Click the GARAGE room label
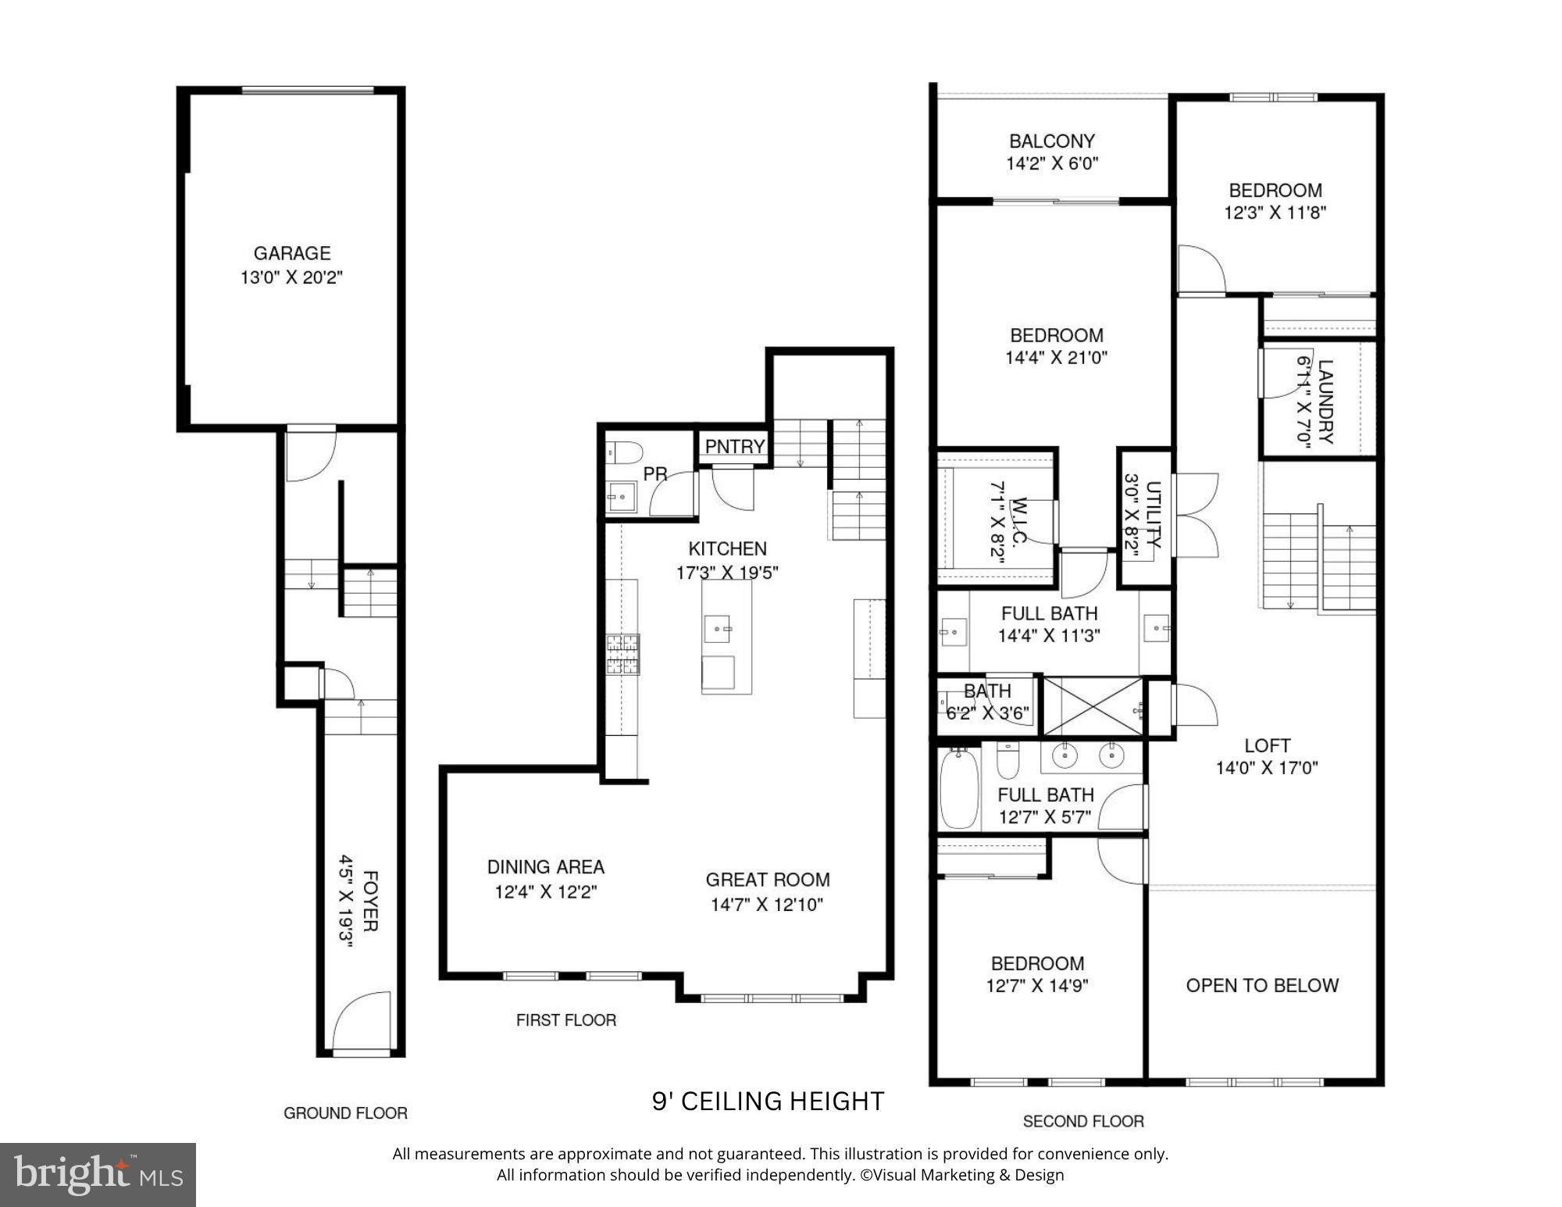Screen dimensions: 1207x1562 (x=291, y=253)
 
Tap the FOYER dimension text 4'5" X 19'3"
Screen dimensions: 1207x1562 (x=346, y=901)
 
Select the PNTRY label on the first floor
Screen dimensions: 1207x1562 (x=734, y=446)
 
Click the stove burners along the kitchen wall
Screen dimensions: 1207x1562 (x=623, y=654)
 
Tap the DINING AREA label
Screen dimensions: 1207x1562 (x=545, y=866)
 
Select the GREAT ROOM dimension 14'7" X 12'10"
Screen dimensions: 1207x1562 (x=767, y=905)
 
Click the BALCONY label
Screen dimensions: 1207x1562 (x=1051, y=141)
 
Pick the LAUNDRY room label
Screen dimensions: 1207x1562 (x=1325, y=401)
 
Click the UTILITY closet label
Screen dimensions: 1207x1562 (x=1154, y=516)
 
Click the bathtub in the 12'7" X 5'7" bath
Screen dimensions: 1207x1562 (x=958, y=788)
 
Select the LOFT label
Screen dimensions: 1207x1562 (x=1267, y=745)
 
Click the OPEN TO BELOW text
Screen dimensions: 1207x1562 (x=1262, y=985)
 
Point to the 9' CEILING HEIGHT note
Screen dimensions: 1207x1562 (x=768, y=1101)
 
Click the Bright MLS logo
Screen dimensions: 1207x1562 (x=98, y=1174)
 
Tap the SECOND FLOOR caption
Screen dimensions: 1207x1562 (x=1083, y=1121)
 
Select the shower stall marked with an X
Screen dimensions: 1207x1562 (x=1093, y=706)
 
